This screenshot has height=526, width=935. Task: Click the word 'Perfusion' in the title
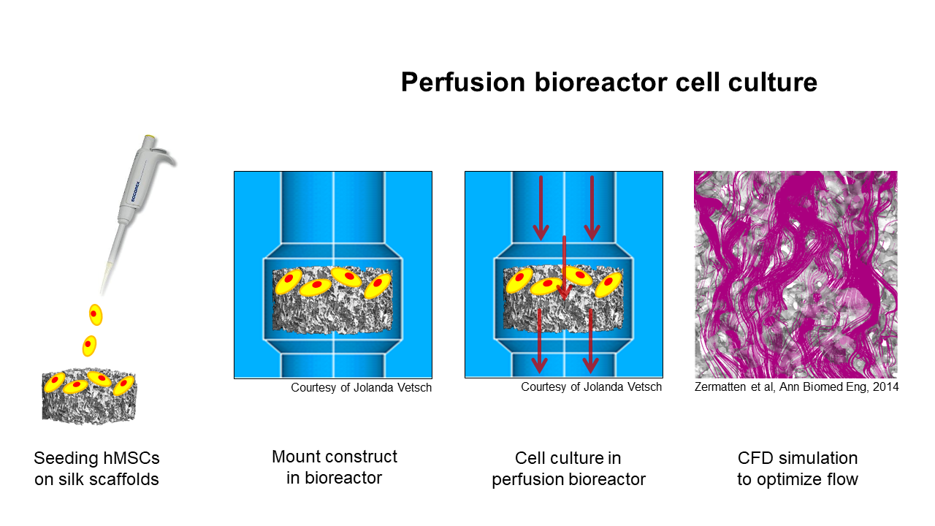(463, 83)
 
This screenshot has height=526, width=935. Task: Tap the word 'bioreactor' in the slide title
(601, 83)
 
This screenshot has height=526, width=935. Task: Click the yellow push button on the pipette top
(150, 137)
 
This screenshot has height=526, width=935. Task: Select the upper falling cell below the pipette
(96, 315)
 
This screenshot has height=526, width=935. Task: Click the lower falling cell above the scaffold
(89, 346)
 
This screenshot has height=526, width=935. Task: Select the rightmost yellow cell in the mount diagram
(378, 286)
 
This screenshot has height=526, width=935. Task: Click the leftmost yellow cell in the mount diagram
(289, 281)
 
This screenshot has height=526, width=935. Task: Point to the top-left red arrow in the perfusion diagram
(541, 208)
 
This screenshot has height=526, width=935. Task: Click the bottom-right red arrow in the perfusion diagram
(591, 341)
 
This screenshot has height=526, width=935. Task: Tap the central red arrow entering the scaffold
(564, 267)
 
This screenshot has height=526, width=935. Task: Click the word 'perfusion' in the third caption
(524, 479)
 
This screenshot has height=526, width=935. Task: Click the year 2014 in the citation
(885, 387)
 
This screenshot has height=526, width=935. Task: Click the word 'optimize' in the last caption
(795, 479)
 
